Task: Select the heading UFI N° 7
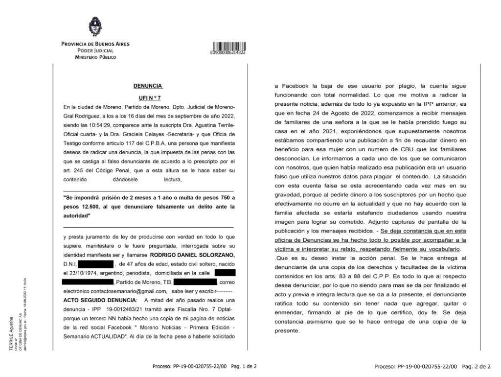(x=147, y=98)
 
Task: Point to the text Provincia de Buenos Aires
(x=95, y=44)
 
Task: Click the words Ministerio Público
(x=95, y=57)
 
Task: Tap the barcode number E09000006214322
(x=228, y=52)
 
